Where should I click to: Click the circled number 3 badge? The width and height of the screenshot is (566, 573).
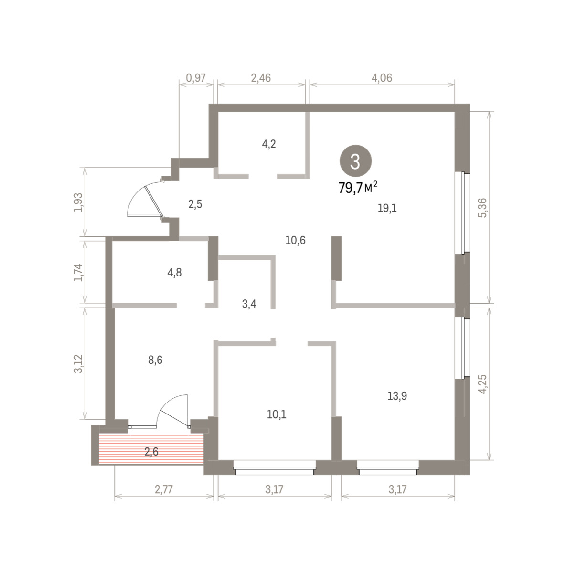pos(355,161)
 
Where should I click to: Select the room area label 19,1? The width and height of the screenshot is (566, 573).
pos(387,208)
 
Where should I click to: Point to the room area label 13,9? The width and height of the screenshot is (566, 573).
pos(397,396)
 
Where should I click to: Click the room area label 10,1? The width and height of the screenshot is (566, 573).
pos(277,414)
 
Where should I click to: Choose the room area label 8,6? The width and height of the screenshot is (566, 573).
pos(155,360)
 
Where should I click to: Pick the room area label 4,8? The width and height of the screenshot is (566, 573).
pos(174,272)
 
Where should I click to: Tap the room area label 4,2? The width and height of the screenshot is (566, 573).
pos(269,144)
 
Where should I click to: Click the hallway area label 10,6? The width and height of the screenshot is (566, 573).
pos(295,240)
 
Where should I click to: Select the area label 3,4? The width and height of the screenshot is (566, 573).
pos(249,304)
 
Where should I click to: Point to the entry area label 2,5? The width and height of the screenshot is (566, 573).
pos(195,204)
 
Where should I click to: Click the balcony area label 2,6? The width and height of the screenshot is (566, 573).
pos(151,452)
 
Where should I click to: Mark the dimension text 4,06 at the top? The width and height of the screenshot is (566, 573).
pos(382,78)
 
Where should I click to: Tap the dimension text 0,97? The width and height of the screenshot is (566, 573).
pos(196,78)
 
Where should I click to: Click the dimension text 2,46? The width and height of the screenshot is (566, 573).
pos(261,78)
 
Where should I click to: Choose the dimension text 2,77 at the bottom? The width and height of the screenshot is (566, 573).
pos(164,489)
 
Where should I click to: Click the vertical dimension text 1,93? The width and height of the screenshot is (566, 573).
pos(78,202)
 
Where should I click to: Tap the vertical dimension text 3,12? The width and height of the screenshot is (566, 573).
pos(78,363)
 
